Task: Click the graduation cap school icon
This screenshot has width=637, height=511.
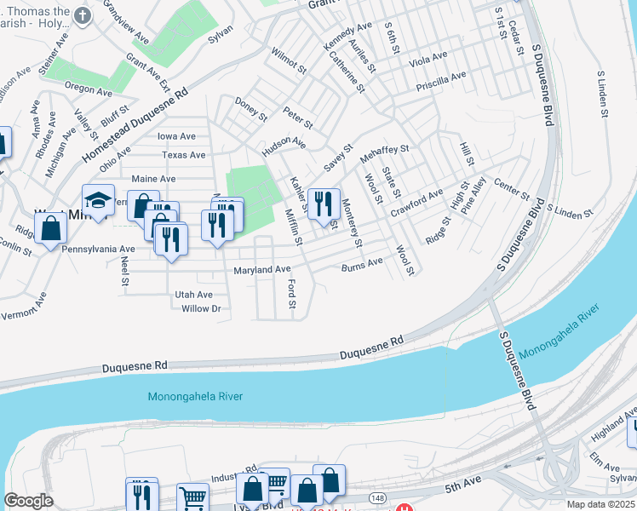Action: click(x=99, y=201)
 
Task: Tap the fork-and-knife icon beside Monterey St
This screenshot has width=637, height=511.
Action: click(x=323, y=204)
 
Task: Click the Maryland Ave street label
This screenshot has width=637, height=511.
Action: click(x=262, y=270)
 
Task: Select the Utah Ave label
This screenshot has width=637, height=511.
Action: click(x=193, y=295)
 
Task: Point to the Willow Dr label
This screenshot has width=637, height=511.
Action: click(x=201, y=308)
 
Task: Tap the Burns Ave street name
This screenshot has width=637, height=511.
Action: click(x=362, y=264)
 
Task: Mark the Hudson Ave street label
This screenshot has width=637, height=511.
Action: click(x=284, y=146)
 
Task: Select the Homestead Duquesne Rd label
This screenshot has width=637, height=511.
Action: click(x=135, y=129)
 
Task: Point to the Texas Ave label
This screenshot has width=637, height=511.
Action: click(x=184, y=155)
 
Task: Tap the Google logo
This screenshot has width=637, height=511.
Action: click(x=28, y=501)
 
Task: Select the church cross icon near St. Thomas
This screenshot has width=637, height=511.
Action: click(x=82, y=15)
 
